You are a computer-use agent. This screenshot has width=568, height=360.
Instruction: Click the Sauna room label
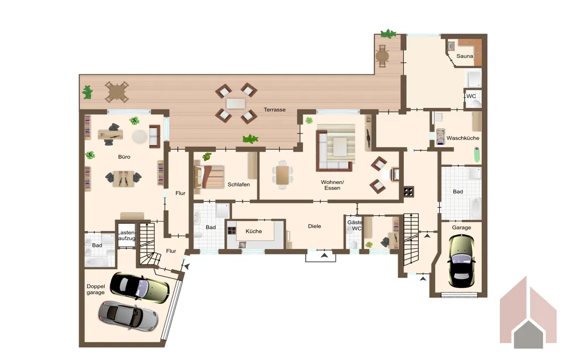[x=465, y=56]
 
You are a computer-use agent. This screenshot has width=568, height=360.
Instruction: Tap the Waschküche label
[x=462, y=138]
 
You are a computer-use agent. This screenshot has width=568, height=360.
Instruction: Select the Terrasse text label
[x=274, y=110]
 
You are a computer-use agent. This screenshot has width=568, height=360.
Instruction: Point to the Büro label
[x=124, y=157]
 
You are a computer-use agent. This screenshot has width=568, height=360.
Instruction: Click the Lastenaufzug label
[x=127, y=236]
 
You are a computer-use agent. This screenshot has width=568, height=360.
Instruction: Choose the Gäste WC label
[x=354, y=225]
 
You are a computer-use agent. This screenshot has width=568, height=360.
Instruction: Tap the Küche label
[x=253, y=231]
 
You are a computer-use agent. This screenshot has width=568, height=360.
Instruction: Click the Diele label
[x=315, y=226]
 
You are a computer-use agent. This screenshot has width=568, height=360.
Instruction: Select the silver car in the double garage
[x=128, y=315]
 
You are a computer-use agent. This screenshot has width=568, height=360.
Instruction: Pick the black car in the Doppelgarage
[x=140, y=286]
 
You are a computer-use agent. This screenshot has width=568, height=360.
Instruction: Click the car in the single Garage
[x=461, y=261]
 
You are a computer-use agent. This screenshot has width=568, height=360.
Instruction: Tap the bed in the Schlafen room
[x=209, y=177]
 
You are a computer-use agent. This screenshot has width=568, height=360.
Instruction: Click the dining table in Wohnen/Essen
[x=282, y=175]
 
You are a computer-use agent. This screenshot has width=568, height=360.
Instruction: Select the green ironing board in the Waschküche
[x=477, y=154]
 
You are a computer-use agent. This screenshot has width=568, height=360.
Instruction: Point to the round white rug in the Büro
[x=140, y=136]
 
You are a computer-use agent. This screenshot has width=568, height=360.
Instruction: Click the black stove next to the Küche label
[x=232, y=231]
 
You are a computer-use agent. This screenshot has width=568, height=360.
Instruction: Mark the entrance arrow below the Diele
[x=324, y=256]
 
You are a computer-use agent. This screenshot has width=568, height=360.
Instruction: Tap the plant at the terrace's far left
[x=87, y=92]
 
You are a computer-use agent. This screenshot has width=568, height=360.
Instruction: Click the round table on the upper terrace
[x=382, y=56]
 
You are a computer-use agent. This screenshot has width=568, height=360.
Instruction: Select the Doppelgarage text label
[x=95, y=290]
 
